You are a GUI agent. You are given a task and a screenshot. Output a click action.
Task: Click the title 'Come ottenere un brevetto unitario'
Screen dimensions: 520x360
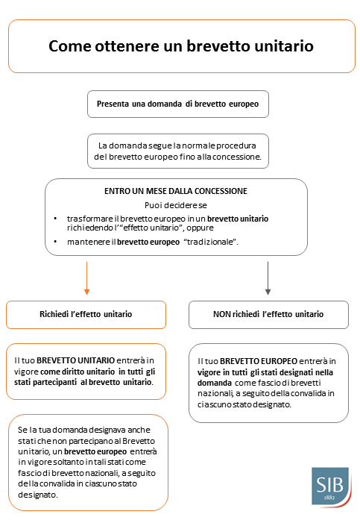(x=181, y=46)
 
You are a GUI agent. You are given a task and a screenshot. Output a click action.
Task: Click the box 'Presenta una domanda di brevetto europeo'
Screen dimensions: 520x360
(x=177, y=104)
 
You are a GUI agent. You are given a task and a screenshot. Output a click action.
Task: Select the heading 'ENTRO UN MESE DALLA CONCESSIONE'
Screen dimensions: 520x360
(x=176, y=191)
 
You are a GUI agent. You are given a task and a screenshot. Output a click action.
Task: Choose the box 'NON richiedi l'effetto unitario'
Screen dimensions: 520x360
(x=268, y=314)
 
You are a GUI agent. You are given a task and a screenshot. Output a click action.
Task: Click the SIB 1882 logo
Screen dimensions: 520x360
(x=329, y=486)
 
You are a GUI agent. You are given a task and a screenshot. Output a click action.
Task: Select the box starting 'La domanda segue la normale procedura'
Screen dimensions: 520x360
(x=177, y=151)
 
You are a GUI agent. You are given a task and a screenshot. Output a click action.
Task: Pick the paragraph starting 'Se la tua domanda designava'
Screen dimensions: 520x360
(x=89, y=462)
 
